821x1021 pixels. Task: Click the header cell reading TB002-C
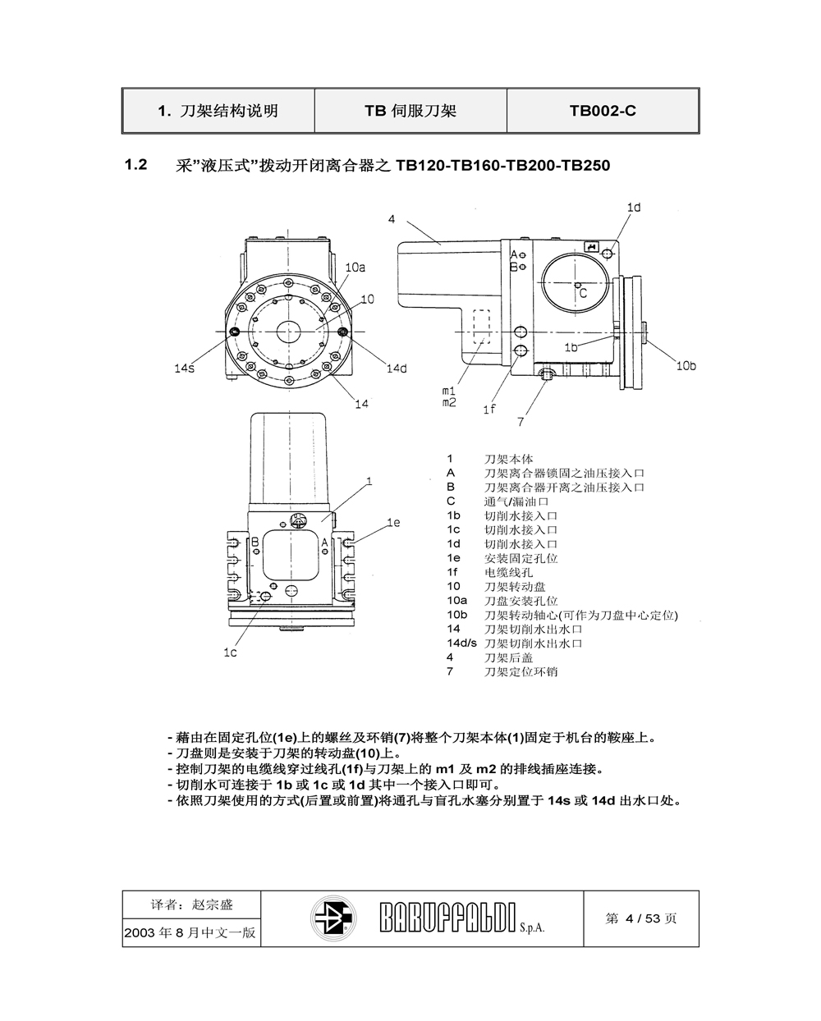click(603, 111)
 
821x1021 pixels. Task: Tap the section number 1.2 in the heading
click(135, 165)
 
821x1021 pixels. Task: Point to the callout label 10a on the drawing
click(355, 267)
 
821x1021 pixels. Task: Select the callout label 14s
click(184, 369)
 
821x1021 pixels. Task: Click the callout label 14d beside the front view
click(397, 369)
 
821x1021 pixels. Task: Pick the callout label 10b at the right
click(686, 365)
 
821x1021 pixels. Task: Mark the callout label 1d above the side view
click(634, 208)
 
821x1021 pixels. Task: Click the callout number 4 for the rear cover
click(392, 219)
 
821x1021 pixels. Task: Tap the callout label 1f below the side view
click(488, 409)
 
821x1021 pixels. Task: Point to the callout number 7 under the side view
click(521, 422)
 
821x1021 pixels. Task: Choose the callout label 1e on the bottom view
click(393, 522)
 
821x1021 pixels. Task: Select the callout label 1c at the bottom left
click(230, 652)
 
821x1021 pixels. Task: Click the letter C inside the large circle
click(582, 292)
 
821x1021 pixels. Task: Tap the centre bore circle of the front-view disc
click(288, 331)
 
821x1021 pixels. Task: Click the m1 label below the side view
click(448, 391)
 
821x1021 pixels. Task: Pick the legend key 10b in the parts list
click(456, 615)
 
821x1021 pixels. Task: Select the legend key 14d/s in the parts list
click(461, 643)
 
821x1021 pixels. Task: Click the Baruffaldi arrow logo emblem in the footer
click(333, 918)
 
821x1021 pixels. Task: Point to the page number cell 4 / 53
click(641, 918)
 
